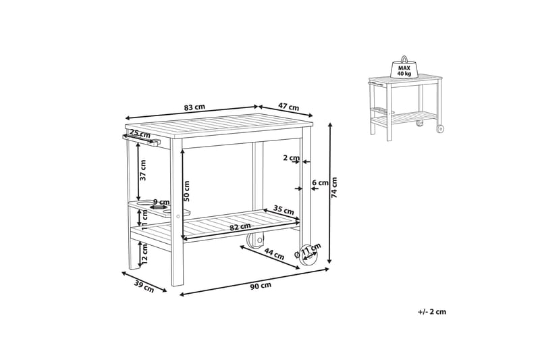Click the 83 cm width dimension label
(194, 107)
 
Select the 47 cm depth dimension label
(288, 107)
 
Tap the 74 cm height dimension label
(333, 188)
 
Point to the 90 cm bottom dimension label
(261, 286)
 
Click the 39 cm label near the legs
(144, 287)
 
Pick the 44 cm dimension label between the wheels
(274, 254)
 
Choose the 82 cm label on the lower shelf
(240, 227)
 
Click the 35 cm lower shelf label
(283, 209)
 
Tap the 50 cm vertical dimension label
(186, 192)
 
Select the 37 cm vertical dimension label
(143, 170)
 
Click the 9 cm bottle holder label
(161, 202)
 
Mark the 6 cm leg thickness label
(320, 182)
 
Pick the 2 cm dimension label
(292, 158)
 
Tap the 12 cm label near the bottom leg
(144, 253)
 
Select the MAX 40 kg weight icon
(404, 67)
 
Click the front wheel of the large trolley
(308, 256)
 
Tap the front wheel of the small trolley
(440, 129)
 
